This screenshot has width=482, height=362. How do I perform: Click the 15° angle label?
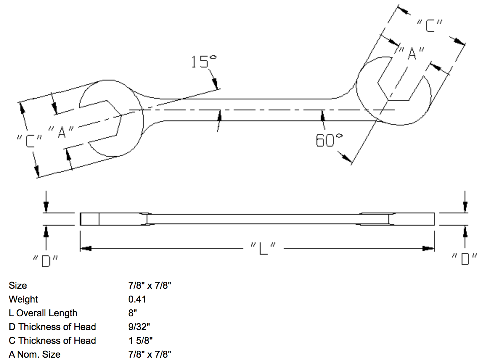click(203, 62)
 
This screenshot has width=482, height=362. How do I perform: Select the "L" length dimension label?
click(263, 248)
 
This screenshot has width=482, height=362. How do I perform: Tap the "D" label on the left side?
click(45, 260)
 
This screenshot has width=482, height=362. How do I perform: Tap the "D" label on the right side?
click(465, 259)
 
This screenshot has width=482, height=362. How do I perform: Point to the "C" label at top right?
click(430, 26)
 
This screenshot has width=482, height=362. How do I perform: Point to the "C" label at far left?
click(29, 141)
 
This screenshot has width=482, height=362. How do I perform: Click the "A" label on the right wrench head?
click(412, 53)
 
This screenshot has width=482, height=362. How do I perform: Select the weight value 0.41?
click(137, 299)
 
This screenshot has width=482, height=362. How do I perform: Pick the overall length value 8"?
click(132, 313)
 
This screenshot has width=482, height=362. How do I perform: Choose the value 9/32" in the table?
click(139, 327)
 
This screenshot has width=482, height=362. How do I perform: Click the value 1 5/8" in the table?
click(140, 341)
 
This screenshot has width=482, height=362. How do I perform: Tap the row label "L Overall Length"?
click(43, 313)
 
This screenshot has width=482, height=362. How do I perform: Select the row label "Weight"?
click(23, 299)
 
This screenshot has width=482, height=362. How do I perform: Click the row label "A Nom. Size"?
click(34, 354)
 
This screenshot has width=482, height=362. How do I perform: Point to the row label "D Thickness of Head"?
click(52, 327)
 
